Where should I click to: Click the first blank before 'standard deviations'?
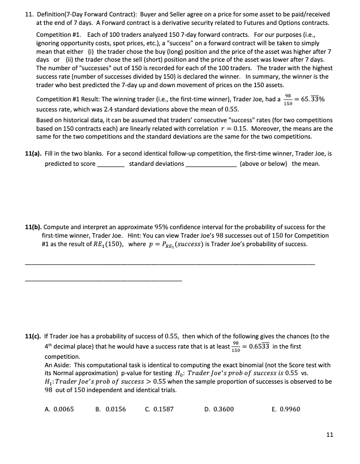coord(111,165)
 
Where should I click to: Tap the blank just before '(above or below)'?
coord(211,165)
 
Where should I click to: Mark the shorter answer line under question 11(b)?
coord(103,281)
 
